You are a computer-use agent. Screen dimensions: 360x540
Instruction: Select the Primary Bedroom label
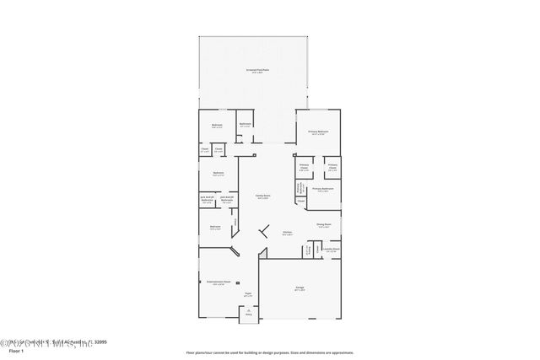click(317, 132)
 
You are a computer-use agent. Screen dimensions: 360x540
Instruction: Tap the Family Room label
click(262, 196)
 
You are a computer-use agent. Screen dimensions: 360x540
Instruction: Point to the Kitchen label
click(287, 233)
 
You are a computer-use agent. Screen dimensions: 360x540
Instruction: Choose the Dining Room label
click(323, 225)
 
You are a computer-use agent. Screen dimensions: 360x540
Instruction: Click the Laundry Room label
click(331, 250)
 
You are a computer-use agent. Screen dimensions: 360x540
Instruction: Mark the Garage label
click(300, 288)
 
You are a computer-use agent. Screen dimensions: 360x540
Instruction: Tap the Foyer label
click(248, 296)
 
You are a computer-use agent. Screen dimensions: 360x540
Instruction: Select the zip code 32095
click(101, 342)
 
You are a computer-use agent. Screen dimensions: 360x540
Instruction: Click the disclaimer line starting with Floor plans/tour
click(270, 352)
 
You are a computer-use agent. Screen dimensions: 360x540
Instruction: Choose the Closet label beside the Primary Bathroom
click(301, 201)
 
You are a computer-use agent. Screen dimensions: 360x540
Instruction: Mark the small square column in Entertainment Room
click(237, 283)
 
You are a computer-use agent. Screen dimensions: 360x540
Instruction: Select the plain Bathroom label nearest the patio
click(245, 125)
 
